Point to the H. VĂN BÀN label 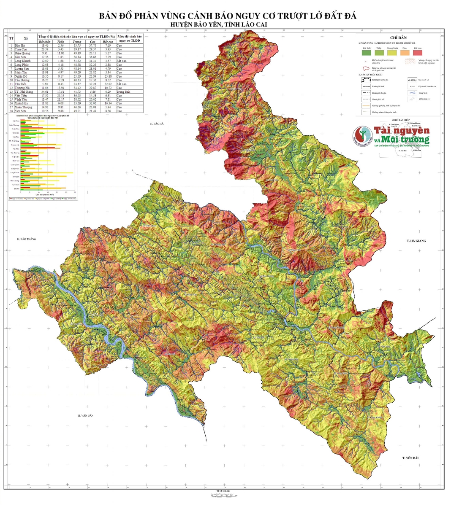pos(85,416)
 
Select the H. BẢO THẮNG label pos(24,239)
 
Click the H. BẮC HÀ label pos(158,124)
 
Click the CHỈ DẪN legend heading pos(398,38)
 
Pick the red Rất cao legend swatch pos(418,53)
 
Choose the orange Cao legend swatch pos(404,53)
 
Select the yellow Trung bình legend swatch pos(391,53)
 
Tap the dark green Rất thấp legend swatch pos(366,53)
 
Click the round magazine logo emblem pos(362,135)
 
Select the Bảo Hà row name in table pos(20,45)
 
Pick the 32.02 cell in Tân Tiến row pos(107,84)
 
